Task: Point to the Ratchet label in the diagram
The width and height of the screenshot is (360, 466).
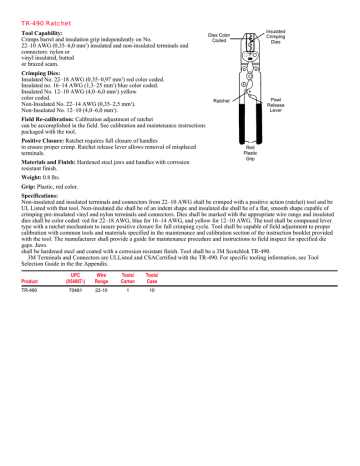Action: [x=224, y=100]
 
